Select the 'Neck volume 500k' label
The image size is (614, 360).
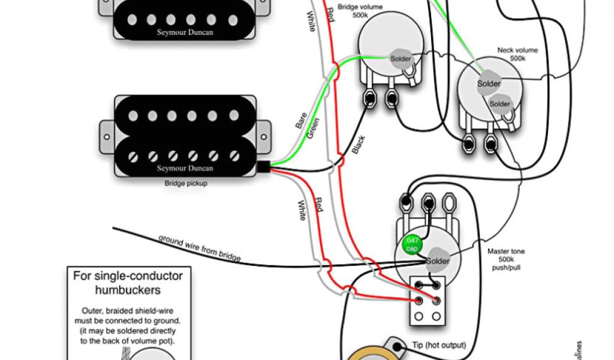point(517,55)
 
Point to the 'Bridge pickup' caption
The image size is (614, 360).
point(186,183)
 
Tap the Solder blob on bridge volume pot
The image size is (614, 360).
point(401,58)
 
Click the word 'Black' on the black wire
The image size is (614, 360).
point(359,145)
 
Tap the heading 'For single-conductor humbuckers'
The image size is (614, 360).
point(127,283)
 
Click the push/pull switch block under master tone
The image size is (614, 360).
point(429,299)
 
